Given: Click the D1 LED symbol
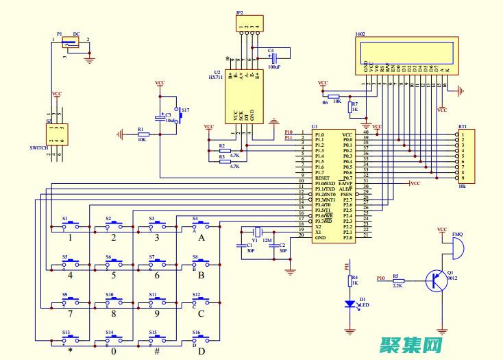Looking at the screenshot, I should (350, 303).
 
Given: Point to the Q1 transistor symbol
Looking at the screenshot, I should (435, 280).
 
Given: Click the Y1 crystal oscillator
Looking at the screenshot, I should (257, 231).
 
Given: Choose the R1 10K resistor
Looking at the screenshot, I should (143, 134).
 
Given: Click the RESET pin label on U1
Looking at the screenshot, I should (304, 178).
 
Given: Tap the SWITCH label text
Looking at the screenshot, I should (39, 148).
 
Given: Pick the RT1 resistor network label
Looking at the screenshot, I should (463, 127).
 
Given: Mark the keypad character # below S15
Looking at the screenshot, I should (157, 351).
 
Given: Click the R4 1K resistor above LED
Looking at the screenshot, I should (350, 280).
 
